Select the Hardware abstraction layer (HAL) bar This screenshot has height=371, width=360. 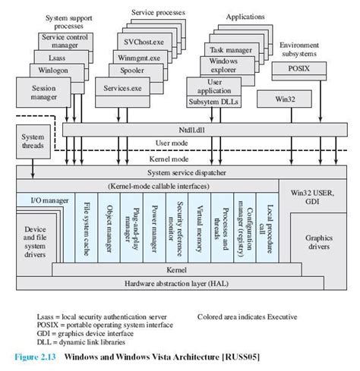[182, 283]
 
